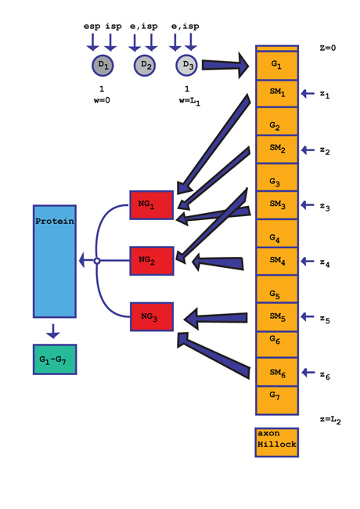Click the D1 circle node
tap(103, 65)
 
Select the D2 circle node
tap(145, 65)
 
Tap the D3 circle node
tap(186, 65)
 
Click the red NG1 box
tap(152, 205)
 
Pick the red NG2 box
tap(152, 261)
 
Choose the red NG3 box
tap(152, 317)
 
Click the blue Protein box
tap(55, 262)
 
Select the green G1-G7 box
tap(55, 359)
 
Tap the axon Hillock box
tap(276, 442)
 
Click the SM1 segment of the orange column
tap(277, 93)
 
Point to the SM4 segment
tap(277, 262)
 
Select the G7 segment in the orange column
tap(277, 400)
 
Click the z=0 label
tap(328, 48)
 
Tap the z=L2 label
tap(330, 420)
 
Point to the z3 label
tap(325, 207)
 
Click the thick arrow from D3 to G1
tap(225, 65)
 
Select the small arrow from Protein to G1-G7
tap(53, 331)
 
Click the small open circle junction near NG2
tap(96, 261)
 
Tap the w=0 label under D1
tap(102, 100)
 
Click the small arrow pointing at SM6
tap(308, 372)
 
